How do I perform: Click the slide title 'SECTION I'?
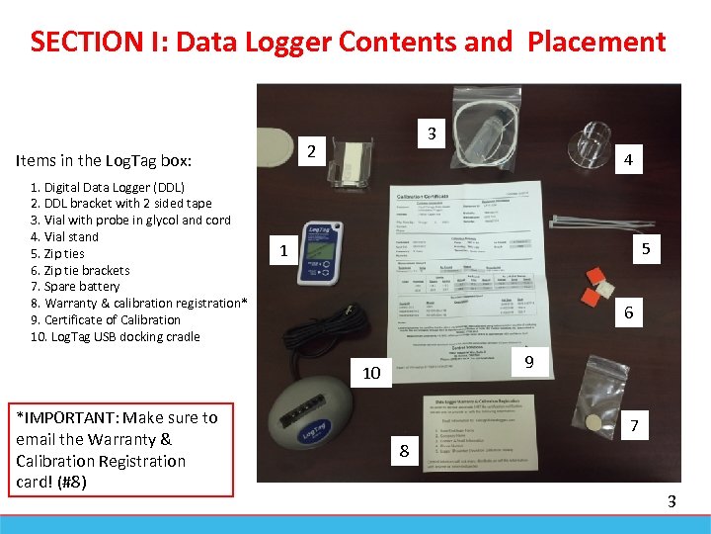coord(348,42)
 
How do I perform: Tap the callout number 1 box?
coord(283,251)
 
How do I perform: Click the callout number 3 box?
coord(431,133)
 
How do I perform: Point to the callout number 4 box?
coord(628,159)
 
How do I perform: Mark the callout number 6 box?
coord(628,313)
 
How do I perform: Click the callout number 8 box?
coord(403,452)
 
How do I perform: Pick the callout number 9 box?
coord(529,363)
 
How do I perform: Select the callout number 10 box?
coord(371,373)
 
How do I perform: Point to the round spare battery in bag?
coord(592,422)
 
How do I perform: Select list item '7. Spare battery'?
coord(75,287)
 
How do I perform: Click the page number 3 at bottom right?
coord(671,501)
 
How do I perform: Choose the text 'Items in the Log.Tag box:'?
coord(104,160)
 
